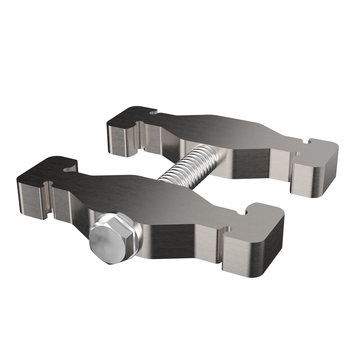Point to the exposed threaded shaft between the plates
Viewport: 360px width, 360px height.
coord(184,164)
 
